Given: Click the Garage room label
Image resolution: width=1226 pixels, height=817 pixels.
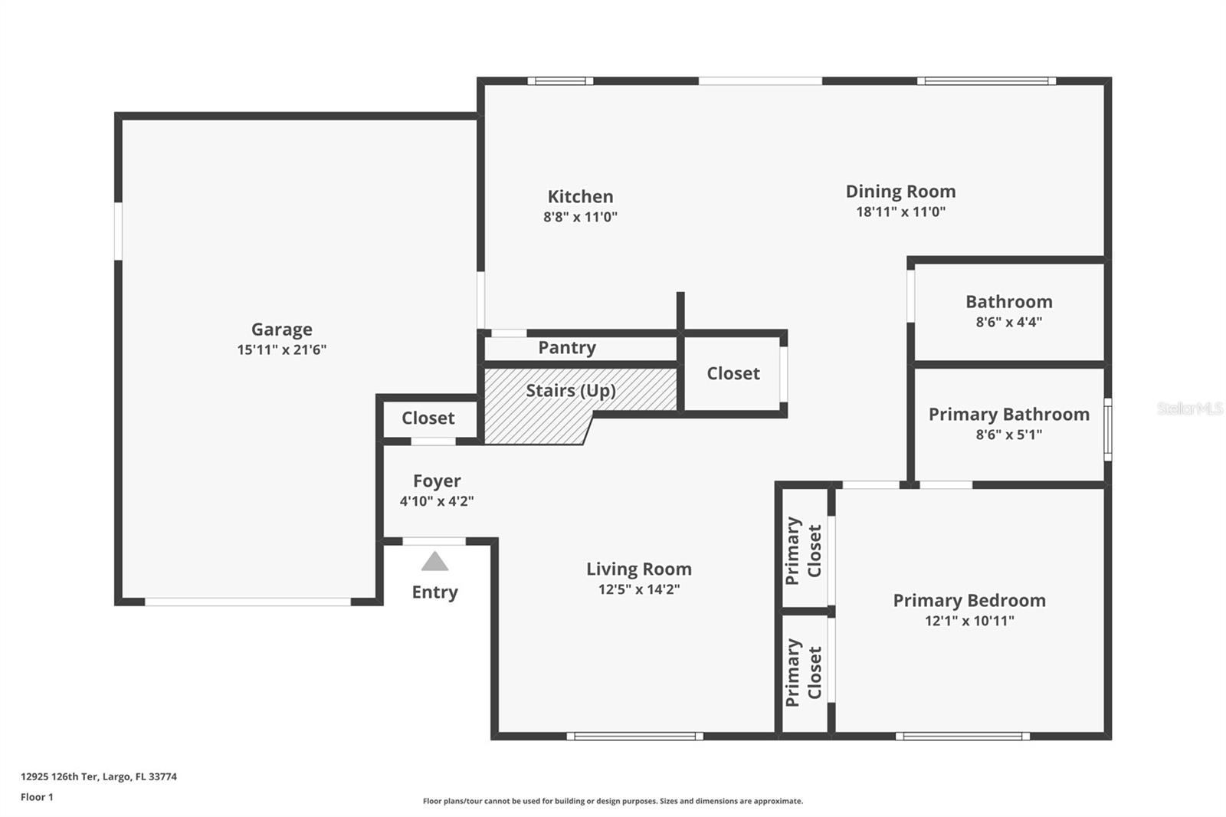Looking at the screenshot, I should pyautogui.click(x=281, y=330).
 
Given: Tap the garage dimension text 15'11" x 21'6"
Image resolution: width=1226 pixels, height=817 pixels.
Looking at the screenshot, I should pyautogui.click(x=281, y=350).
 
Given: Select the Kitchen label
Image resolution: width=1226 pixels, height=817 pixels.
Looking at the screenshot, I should pyautogui.click(x=580, y=197).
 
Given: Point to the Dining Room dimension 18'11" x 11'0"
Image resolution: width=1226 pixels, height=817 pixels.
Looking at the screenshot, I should pyautogui.click(x=900, y=212).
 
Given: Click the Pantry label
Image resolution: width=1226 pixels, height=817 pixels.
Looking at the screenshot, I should pyautogui.click(x=566, y=348).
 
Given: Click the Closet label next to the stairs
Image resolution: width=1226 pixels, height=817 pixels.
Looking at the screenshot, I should pyautogui.click(x=733, y=374).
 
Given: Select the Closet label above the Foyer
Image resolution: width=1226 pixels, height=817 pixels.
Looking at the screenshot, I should pyautogui.click(x=428, y=418).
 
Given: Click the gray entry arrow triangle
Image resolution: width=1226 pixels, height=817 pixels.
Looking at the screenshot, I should pyautogui.click(x=434, y=563).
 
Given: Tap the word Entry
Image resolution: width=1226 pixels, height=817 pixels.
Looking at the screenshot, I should pyautogui.click(x=434, y=592).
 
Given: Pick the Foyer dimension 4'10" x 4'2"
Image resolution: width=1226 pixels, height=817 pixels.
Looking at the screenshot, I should pyautogui.click(x=436, y=502).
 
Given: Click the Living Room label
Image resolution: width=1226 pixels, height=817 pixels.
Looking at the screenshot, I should pyautogui.click(x=638, y=569).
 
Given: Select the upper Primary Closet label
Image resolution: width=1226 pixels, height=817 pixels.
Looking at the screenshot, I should pyautogui.click(x=803, y=550).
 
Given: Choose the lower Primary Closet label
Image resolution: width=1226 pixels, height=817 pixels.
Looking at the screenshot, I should pyautogui.click(x=803, y=672).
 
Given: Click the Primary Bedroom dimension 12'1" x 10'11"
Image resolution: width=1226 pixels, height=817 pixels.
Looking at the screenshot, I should pyautogui.click(x=969, y=622).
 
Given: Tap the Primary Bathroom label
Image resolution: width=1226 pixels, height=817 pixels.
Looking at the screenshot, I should pyautogui.click(x=1008, y=415).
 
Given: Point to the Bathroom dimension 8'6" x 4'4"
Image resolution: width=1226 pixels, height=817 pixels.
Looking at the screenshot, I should pyautogui.click(x=1008, y=323).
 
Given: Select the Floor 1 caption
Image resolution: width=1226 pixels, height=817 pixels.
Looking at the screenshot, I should pyautogui.click(x=37, y=797).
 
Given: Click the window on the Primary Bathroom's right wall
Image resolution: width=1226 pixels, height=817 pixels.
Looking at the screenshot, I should pyautogui.click(x=1107, y=429).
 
